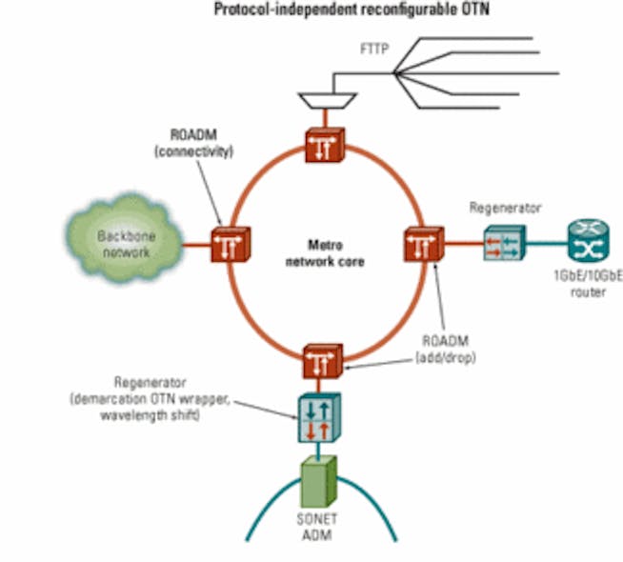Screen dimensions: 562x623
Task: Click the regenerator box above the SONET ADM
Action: point(315,417)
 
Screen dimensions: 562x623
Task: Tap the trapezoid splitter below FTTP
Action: point(315,98)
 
